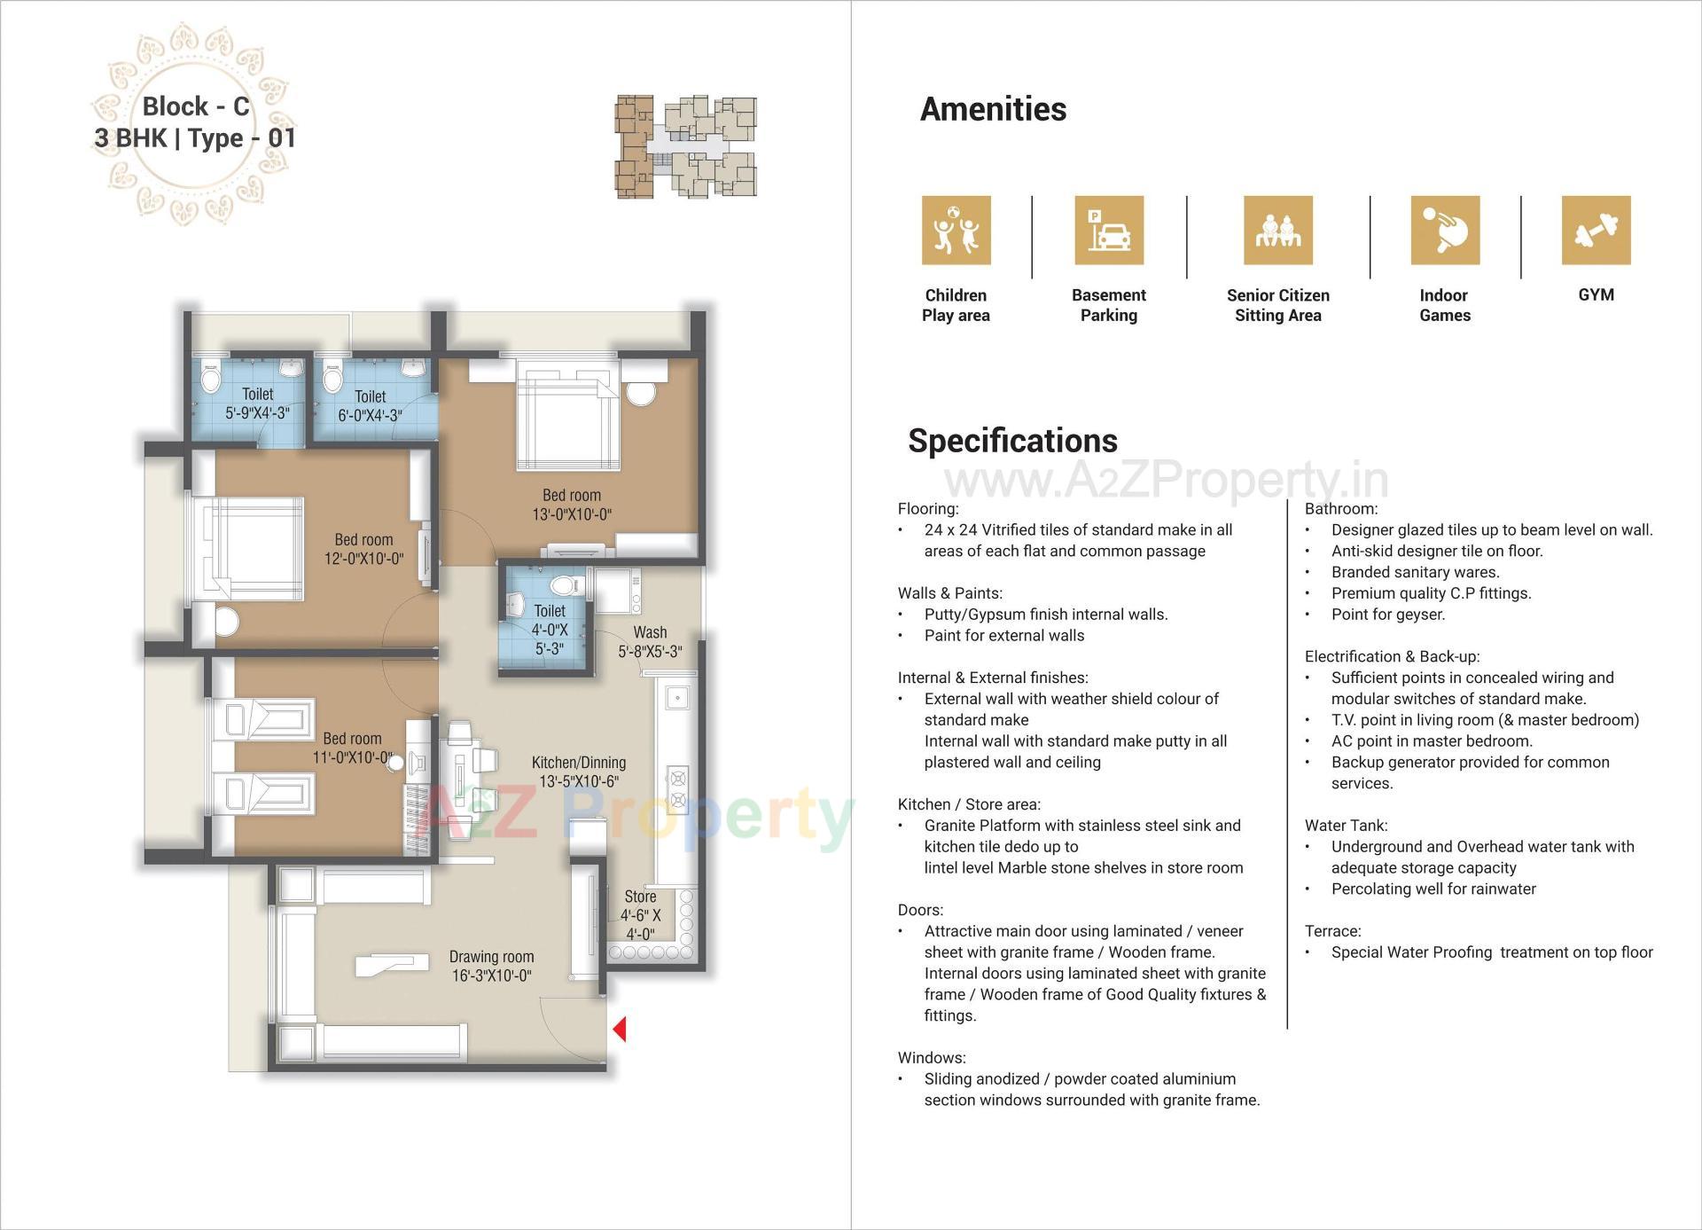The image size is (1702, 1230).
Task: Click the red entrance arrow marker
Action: (620, 1029)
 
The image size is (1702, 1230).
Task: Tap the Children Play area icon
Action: (956, 231)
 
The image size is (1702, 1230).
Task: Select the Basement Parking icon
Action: (1109, 231)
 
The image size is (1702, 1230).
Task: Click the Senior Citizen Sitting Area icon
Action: (1277, 231)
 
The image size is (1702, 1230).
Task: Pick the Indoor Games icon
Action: (1445, 231)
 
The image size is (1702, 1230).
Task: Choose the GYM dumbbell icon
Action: (1596, 231)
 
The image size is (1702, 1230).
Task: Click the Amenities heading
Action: (993, 109)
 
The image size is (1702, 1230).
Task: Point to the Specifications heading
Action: (1012, 441)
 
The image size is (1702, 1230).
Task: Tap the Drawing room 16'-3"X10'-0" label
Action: (491, 966)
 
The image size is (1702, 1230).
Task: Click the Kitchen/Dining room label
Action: (579, 772)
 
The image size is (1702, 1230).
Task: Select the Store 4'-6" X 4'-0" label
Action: (640, 915)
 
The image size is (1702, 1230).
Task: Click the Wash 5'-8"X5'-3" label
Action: (650, 641)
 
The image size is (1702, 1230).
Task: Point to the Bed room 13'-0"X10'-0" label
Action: (572, 505)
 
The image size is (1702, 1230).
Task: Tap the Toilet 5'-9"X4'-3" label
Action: (257, 403)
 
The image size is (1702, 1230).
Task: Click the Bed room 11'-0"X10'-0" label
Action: (352, 748)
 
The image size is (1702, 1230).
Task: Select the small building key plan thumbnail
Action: (686, 146)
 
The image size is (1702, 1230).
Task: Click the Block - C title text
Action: (196, 106)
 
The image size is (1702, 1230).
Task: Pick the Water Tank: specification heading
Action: (1346, 826)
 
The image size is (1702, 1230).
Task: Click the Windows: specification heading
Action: (932, 1058)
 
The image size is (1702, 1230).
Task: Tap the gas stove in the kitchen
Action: (678, 789)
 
